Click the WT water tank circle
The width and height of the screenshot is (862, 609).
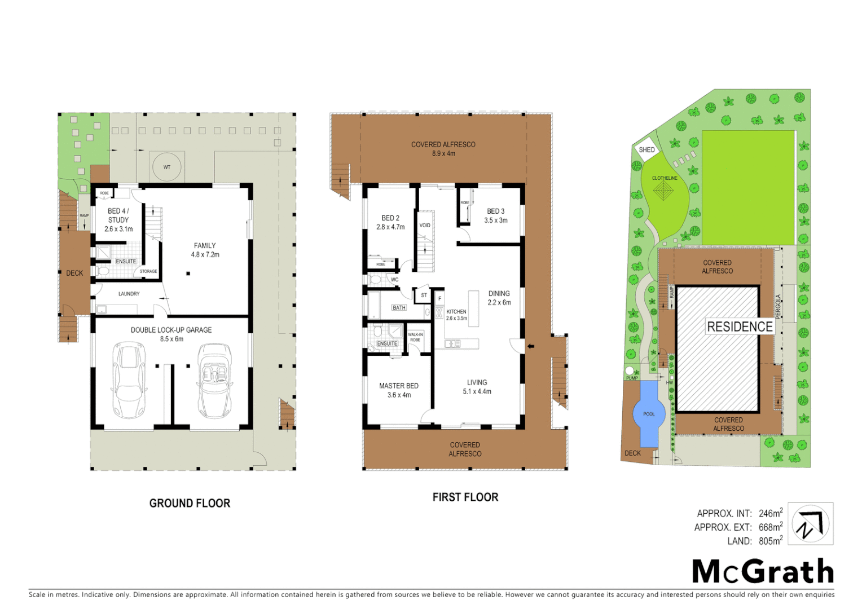point(167,167)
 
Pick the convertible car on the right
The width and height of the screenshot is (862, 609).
point(215,380)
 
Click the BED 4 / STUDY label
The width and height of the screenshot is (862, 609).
point(118,220)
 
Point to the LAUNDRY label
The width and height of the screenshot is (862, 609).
point(129,294)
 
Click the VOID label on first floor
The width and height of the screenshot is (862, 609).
point(425,226)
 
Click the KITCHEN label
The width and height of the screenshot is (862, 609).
point(456,312)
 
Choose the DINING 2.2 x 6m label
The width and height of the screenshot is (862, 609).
point(499,298)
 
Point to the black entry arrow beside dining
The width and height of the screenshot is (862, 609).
point(530,346)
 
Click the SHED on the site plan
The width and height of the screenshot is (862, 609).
point(647,149)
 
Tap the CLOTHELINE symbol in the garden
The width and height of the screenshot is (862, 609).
point(664,191)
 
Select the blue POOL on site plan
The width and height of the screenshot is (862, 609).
point(649,414)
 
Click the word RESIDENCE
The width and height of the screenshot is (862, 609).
point(740,326)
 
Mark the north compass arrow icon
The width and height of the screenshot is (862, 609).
point(810,524)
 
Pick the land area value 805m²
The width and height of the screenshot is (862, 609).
point(770,541)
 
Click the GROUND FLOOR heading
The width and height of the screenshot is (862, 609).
point(190,503)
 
